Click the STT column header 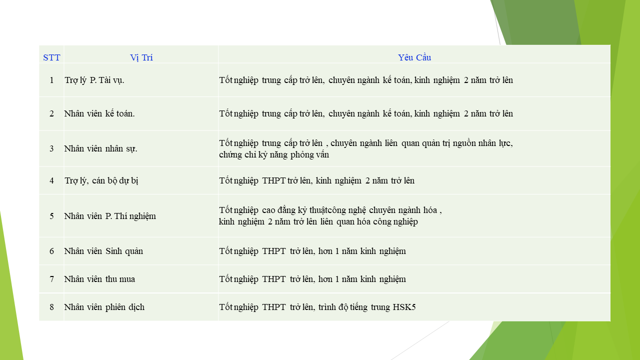(x=51, y=57)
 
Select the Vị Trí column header (x=141, y=57)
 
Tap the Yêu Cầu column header (x=414, y=57)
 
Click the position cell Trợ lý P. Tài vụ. (x=94, y=80)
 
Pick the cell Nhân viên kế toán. (x=99, y=113)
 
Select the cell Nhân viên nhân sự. (x=100, y=148)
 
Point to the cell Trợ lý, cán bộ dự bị (x=101, y=180)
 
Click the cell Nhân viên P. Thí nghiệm (x=110, y=216)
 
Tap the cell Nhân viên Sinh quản (x=103, y=251)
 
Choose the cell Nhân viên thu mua (x=99, y=279)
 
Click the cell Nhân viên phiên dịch (x=104, y=307)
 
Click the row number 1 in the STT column (x=51, y=80)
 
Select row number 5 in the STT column (x=51, y=216)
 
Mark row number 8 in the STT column (x=51, y=307)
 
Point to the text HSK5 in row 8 (x=404, y=307)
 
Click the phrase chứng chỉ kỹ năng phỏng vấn (x=274, y=154)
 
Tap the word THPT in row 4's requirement (x=274, y=180)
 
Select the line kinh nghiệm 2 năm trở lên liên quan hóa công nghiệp (x=318, y=221)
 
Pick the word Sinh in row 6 (x=114, y=251)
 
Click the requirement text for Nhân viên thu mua (x=312, y=279)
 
